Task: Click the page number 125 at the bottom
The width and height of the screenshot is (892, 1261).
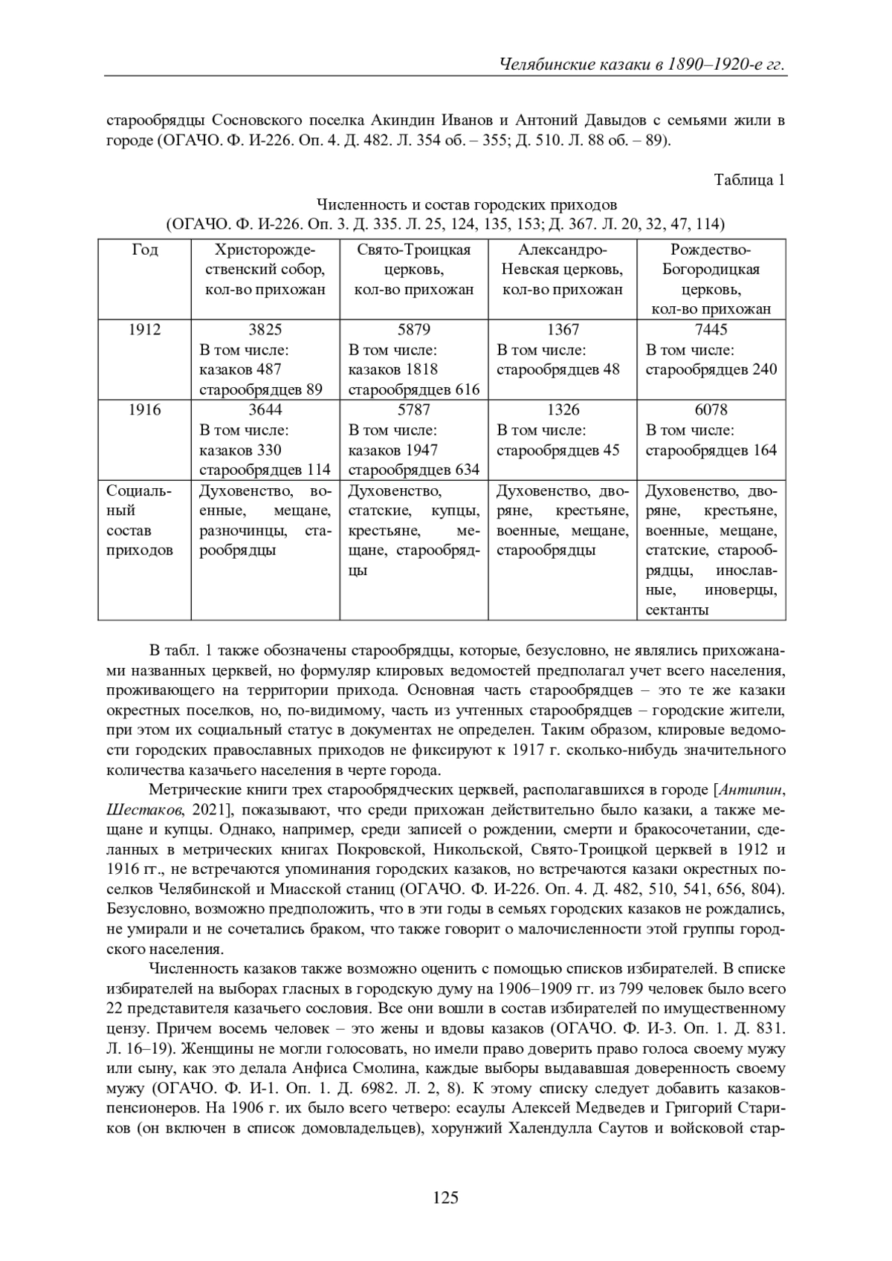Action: [446, 1197]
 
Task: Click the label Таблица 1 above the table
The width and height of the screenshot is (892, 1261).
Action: [749, 180]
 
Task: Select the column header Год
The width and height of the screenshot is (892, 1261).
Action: [144, 250]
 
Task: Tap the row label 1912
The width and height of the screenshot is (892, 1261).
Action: [144, 329]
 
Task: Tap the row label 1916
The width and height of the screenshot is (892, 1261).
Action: [144, 409]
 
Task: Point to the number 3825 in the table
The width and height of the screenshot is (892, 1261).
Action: [265, 329]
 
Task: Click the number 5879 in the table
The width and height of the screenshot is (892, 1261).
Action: [413, 329]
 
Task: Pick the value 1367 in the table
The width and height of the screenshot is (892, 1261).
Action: [562, 329]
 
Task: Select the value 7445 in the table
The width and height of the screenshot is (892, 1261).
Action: [711, 329]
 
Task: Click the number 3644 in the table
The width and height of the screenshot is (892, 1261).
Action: [265, 409]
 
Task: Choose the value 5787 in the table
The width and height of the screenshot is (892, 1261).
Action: [413, 409]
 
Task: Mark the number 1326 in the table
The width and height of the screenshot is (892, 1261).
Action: [562, 409]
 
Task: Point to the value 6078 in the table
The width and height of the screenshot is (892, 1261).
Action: [711, 409]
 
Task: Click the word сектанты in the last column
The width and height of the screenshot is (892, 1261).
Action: [676, 610]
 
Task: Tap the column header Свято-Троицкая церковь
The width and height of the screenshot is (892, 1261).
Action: [413, 259]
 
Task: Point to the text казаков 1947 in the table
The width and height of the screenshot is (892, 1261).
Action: [393, 450]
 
